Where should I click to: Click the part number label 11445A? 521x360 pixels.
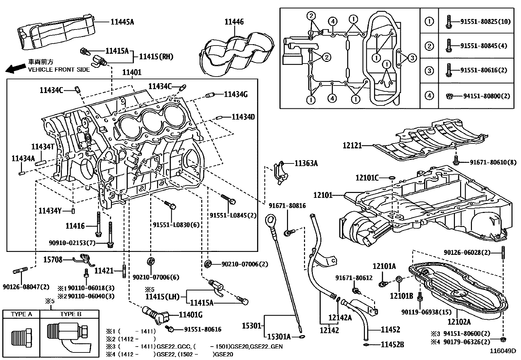click(122, 22)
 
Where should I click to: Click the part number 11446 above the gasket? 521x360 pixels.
click(234, 22)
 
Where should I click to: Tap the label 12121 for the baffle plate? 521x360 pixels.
click(352, 145)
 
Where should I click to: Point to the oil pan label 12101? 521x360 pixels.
click(323, 195)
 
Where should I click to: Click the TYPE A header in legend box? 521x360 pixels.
click(21, 314)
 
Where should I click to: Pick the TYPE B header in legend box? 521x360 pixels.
click(70, 314)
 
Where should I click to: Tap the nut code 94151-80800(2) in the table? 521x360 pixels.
click(487, 96)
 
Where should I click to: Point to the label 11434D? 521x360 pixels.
click(243, 117)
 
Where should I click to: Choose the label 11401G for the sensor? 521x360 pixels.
click(191, 315)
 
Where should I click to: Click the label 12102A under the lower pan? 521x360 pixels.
click(459, 322)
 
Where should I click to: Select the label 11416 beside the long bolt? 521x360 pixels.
click(75, 226)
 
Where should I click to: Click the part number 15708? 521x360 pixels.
click(53, 260)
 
